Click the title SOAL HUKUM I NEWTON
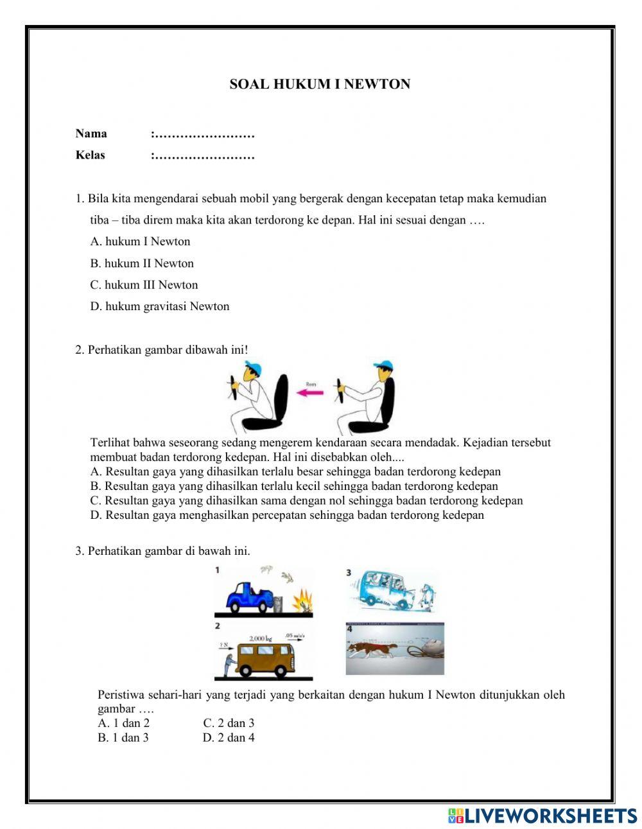(x=320, y=84)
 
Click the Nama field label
(x=91, y=134)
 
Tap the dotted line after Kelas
(x=203, y=155)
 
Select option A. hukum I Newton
(x=140, y=241)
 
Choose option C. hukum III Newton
(x=144, y=284)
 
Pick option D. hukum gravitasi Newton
(x=159, y=306)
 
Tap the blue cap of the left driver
(x=253, y=367)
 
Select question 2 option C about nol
(x=307, y=500)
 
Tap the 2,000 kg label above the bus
(x=261, y=638)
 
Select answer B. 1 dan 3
(x=123, y=738)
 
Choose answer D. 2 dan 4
(x=229, y=738)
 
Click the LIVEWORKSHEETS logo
(x=542, y=816)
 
